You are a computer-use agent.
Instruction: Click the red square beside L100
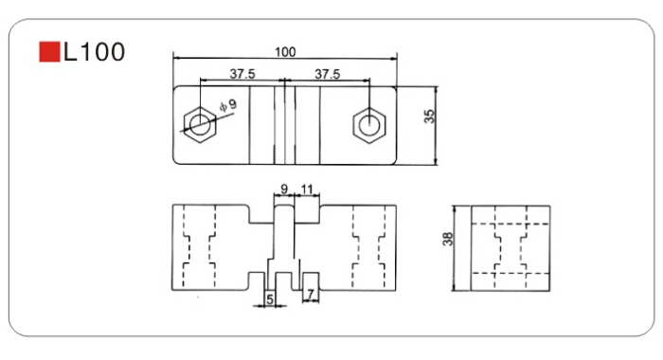click(49, 51)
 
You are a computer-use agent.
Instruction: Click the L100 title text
click(94, 52)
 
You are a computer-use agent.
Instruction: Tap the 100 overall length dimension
click(285, 52)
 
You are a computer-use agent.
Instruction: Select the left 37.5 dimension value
click(242, 74)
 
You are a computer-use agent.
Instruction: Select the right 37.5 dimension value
click(328, 74)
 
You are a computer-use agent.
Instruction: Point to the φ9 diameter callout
click(229, 105)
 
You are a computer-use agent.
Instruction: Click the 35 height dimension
click(429, 117)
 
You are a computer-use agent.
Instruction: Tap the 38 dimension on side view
click(447, 239)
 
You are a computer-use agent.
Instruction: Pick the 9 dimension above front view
click(284, 189)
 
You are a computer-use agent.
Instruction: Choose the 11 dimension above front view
click(307, 189)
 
